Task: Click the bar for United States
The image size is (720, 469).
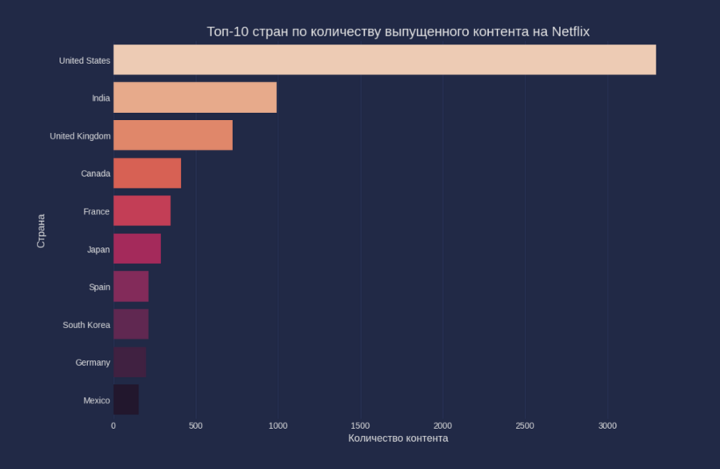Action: click(384, 60)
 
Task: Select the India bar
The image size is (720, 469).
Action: click(194, 98)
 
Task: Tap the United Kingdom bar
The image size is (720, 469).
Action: click(173, 135)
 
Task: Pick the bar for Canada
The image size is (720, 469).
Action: click(147, 173)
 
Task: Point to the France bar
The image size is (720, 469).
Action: click(142, 210)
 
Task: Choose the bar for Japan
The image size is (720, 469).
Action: click(137, 249)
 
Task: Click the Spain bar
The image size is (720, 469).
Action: click(131, 287)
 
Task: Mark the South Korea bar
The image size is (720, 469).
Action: click(131, 324)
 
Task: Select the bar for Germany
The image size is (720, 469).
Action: click(130, 362)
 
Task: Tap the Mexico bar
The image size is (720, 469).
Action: click(126, 399)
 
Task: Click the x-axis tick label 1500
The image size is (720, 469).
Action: click(360, 425)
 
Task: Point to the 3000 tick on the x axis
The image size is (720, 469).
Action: click(606, 425)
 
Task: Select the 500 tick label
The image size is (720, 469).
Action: click(195, 425)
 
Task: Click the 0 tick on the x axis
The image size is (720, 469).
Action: click(114, 425)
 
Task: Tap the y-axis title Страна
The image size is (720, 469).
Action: click(41, 230)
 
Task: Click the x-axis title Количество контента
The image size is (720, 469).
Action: click(398, 439)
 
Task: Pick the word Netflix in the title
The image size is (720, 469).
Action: click(570, 31)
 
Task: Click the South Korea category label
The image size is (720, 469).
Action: click(86, 325)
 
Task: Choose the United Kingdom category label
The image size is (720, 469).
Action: click(80, 136)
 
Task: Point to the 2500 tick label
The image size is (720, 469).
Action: click(524, 425)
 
